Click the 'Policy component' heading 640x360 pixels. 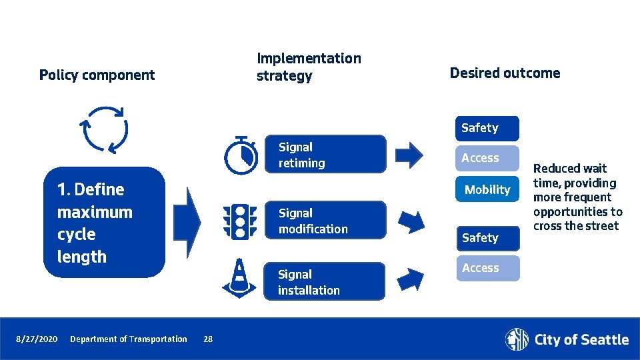[97, 75]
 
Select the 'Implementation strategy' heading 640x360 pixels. [308, 67]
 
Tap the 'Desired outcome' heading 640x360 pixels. [505, 73]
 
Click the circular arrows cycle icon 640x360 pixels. [103, 129]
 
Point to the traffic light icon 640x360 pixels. [239, 221]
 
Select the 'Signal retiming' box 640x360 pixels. [325, 155]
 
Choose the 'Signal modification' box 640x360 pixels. [325, 221]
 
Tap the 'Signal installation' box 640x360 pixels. [324, 281]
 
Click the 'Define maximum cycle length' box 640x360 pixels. [103, 222]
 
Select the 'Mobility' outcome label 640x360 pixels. [487, 189]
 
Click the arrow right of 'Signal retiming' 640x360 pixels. [409, 155]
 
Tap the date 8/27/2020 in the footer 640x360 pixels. [37, 339]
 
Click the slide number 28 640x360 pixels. [208, 339]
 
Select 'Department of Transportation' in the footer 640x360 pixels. [129, 339]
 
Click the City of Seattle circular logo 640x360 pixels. [517, 339]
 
